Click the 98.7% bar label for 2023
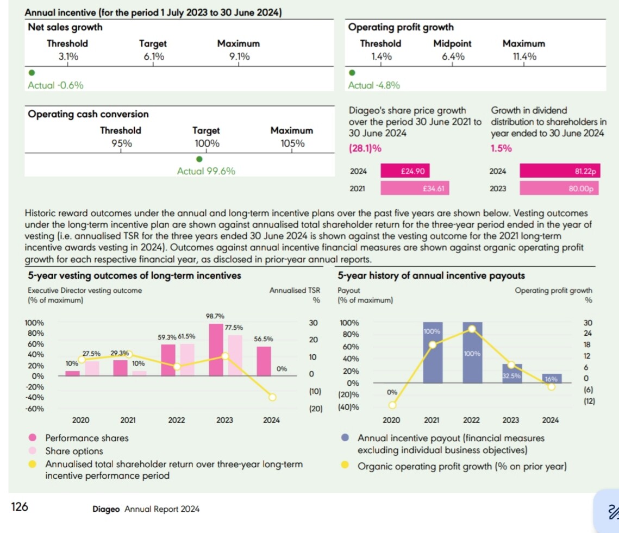click(x=216, y=316)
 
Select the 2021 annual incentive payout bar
click(x=433, y=353)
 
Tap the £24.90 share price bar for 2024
click(x=405, y=171)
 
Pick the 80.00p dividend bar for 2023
click(x=560, y=189)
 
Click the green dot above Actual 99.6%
click(x=199, y=159)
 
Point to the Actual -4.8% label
click(x=374, y=85)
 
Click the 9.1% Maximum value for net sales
click(x=238, y=56)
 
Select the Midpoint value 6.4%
click(x=452, y=56)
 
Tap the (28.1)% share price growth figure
click(x=364, y=148)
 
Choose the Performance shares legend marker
click(x=33, y=438)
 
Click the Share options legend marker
click(x=33, y=451)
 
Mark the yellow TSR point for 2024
click(x=272, y=397)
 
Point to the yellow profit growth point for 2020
click(x=392, y=405)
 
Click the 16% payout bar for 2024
click(x=551, y=378)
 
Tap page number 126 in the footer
click(x=20, y=507)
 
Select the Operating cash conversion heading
click(x=87, y=114)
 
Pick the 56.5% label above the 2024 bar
click(x=264, y=339)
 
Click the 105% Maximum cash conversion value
click(x=292, y=143)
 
